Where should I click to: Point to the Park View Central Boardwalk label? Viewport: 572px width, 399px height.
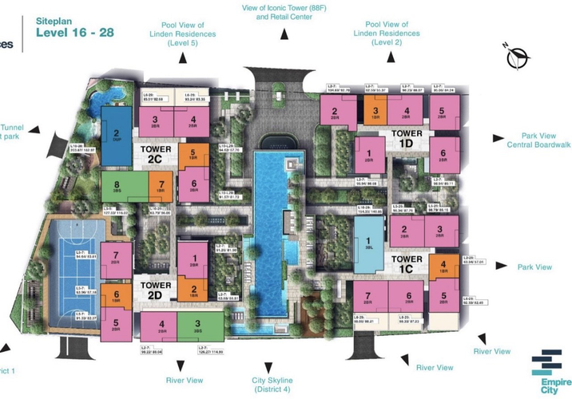click(x=536, y=140)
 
